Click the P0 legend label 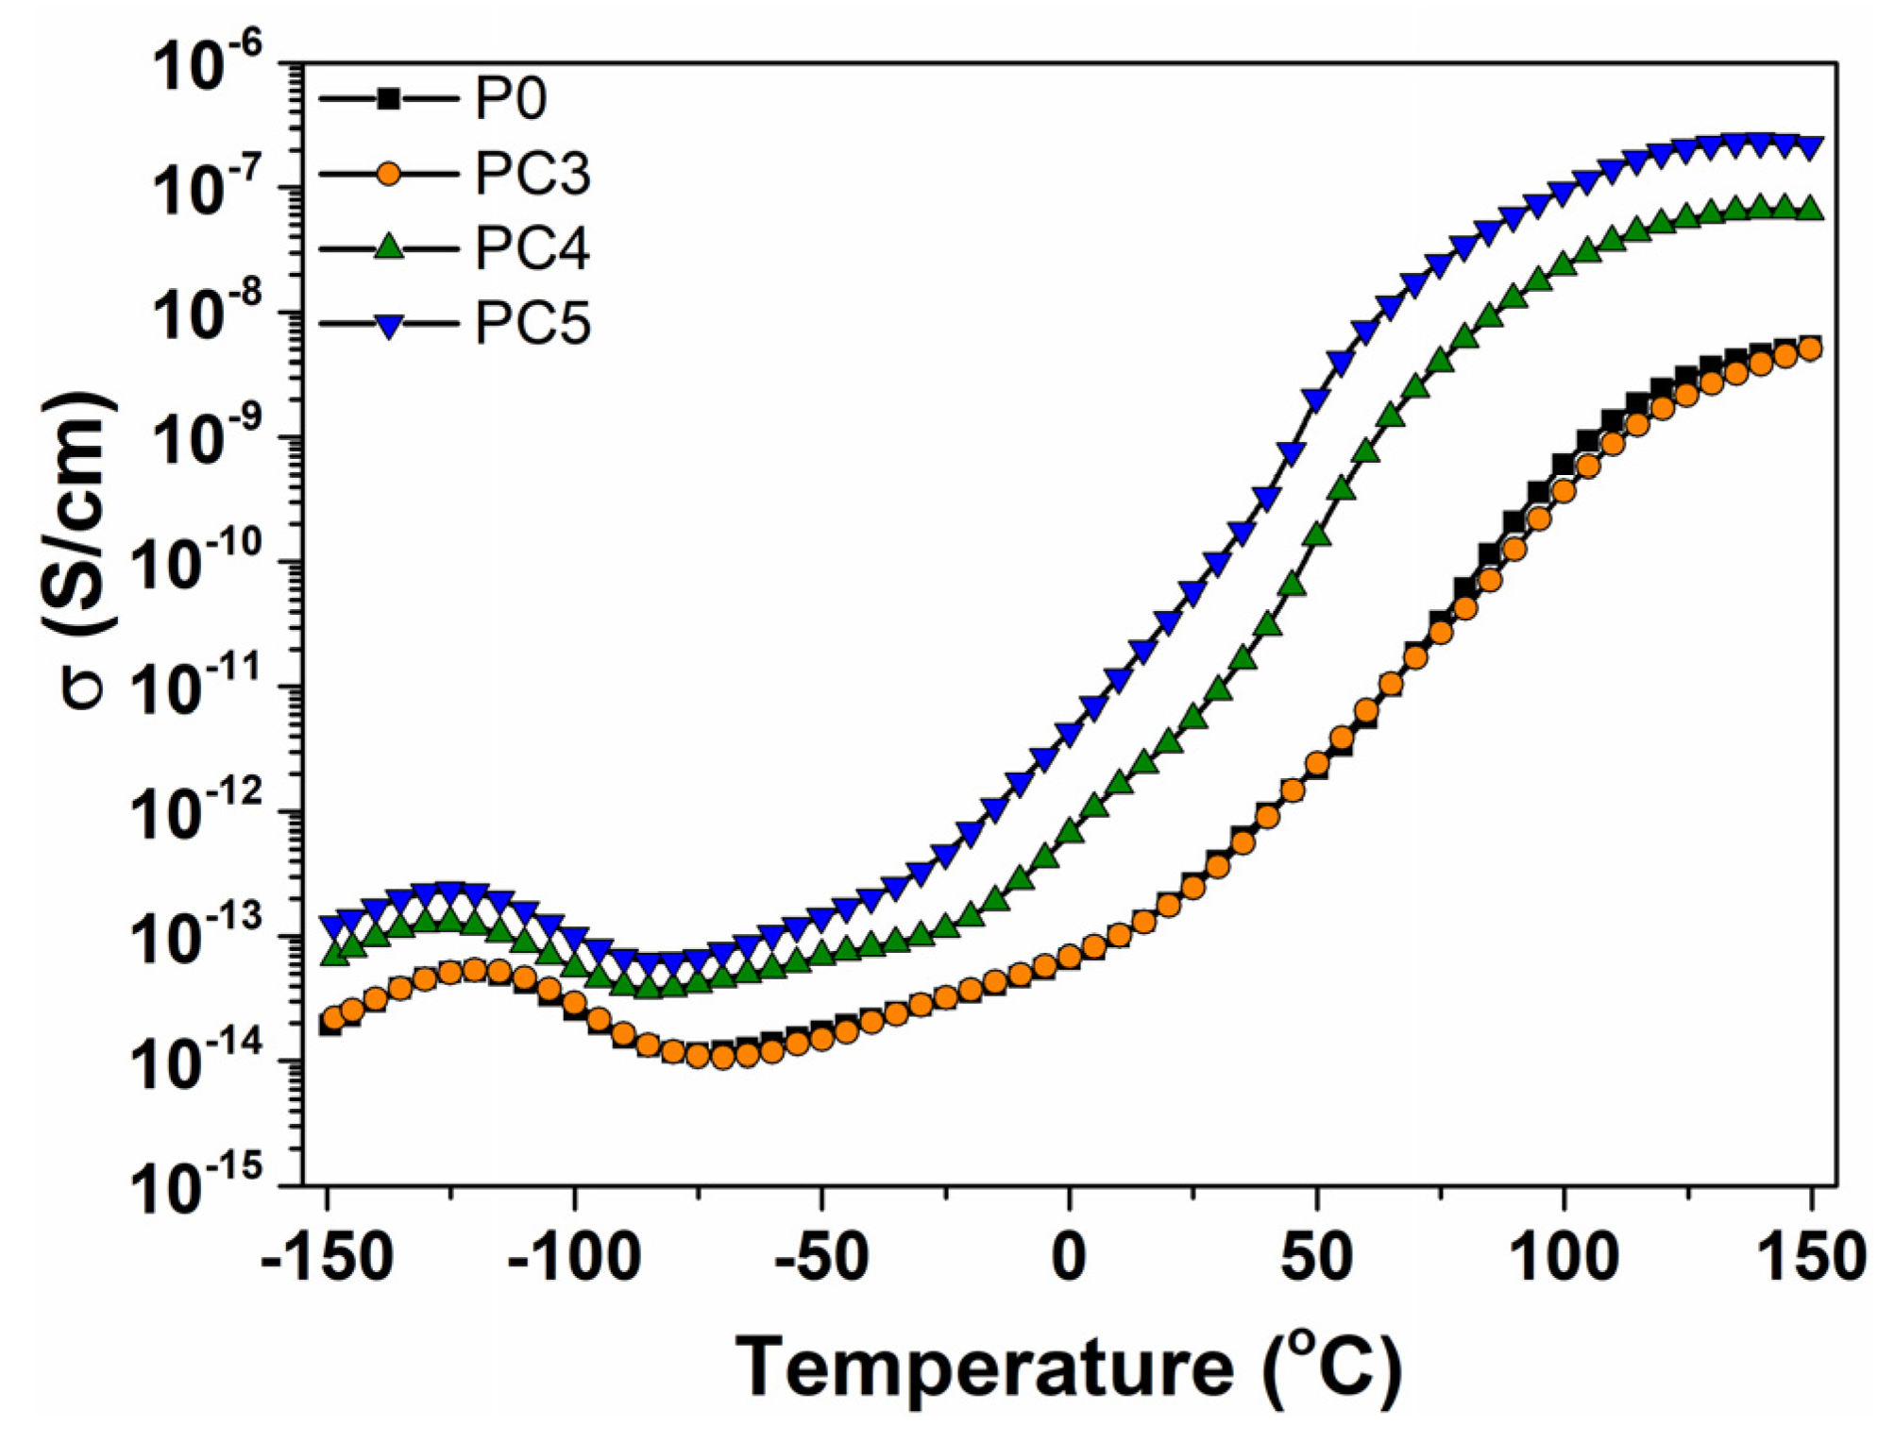coord(510,98)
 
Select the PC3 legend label coord(532,174)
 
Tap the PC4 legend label coord(532,248)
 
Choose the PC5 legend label coord(532,324)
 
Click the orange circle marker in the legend coord(388,174)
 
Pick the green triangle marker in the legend coord(388,247)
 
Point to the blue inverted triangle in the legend coord(388,325)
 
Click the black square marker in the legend coord(388,98)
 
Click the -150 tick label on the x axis coord(327,1258)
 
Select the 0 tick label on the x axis coord(1069,1258)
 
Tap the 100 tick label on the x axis coord(1564,1258)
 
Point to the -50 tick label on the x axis coord(820,1258)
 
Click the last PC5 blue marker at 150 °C coord(1811,148)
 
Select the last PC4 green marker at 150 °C coord(1811,209)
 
